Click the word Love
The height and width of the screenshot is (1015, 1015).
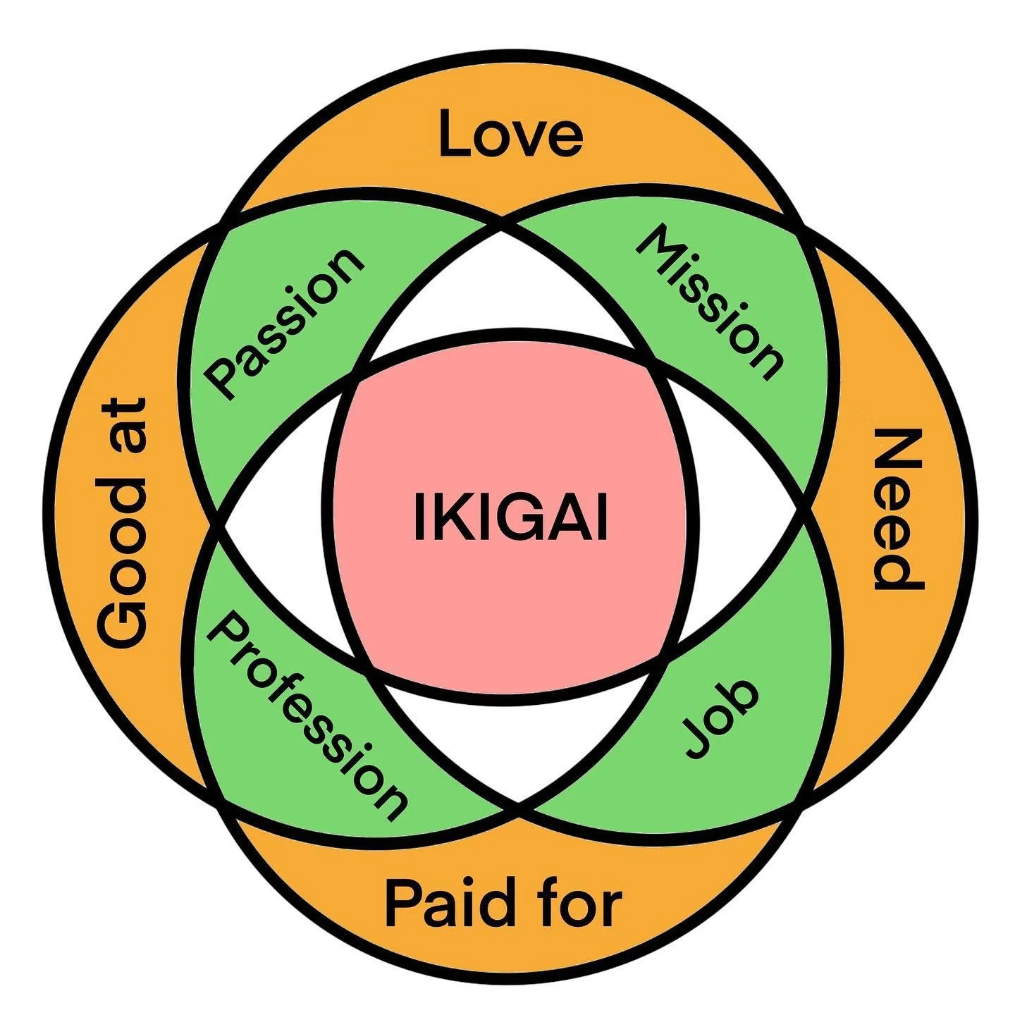click(x=510, y=134)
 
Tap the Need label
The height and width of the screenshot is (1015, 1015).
click(x=897, y=509)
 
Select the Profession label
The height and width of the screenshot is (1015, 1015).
click(x=307, y=715)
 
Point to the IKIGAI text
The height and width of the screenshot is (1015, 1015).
click(x=510, y=518)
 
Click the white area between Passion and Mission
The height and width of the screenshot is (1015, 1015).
click(x=502, y=296)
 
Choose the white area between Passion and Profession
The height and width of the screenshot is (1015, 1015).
click(x=275, y=522)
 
